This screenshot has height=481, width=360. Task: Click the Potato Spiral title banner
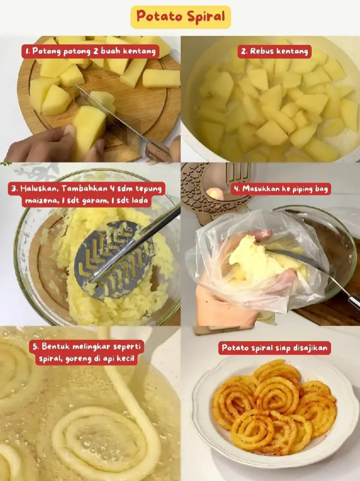click(x=180, y=17)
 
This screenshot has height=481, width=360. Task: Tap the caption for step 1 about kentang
click(x=91, y=51)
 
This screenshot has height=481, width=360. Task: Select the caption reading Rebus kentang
click(x=274, y=51)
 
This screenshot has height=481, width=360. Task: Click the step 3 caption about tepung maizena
click(x=86, y=194)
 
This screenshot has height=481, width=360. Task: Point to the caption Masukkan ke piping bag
click(x=281, y=189)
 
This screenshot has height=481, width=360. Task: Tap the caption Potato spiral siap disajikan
click(x=275, y=348)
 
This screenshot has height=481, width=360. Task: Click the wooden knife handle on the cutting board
click(x=158, y=151)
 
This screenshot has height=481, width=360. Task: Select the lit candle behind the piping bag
click(x=216, y=194)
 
